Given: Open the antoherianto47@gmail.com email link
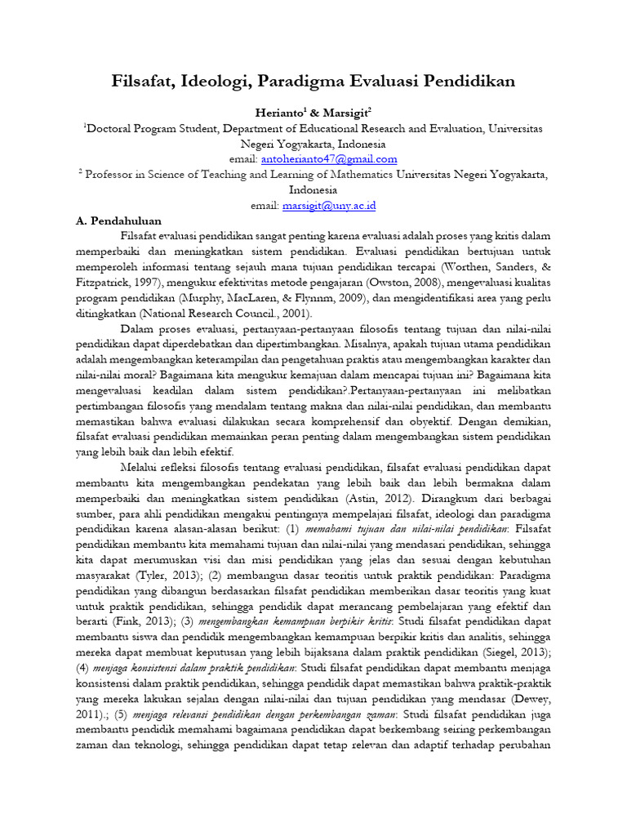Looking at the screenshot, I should (329, 159).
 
